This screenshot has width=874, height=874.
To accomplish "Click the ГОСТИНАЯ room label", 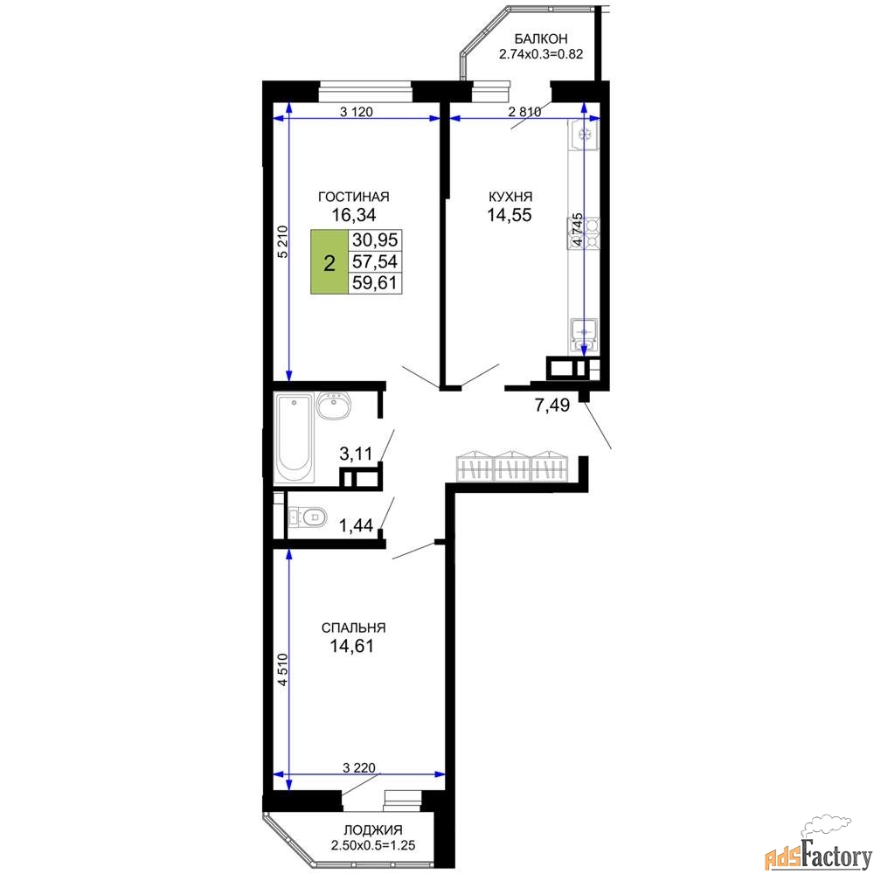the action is click(353, 197).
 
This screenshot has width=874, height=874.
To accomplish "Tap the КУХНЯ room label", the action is click(510, 197).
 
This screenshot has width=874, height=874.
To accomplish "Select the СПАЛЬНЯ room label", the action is click(353, 628).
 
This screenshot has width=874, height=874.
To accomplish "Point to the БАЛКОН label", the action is click(541, 38).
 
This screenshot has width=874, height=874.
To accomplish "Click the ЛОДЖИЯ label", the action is click(373, 830).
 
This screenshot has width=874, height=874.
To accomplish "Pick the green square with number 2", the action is click(329, 262).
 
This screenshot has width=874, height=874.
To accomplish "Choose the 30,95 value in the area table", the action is click(375, 240).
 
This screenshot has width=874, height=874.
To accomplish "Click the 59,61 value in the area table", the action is click(375, 282).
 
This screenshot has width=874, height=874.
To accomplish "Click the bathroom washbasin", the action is click(333, 406).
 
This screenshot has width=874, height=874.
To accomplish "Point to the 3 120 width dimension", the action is click(357, 112).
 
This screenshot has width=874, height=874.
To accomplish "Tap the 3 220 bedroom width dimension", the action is click(359, 768).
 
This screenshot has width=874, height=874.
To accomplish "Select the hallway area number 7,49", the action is click(551, 406).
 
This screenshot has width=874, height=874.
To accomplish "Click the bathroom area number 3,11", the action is click(356, 454).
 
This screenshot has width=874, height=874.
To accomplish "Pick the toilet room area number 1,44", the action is click(356, 524).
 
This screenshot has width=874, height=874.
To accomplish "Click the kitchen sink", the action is click(583, 335).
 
